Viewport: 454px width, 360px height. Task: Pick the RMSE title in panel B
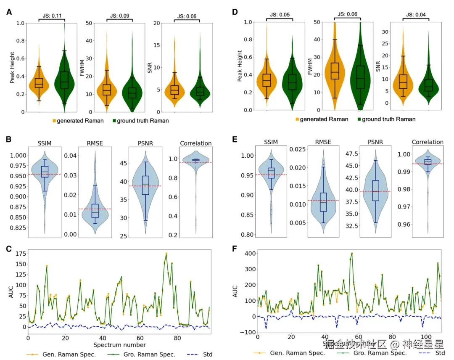(95, 143)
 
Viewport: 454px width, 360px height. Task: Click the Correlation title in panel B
(195, 143)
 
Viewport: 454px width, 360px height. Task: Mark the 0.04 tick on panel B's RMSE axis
(70, 156)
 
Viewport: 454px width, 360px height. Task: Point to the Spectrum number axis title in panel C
(119, 345)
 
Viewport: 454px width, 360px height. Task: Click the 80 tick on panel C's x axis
(177, 338)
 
